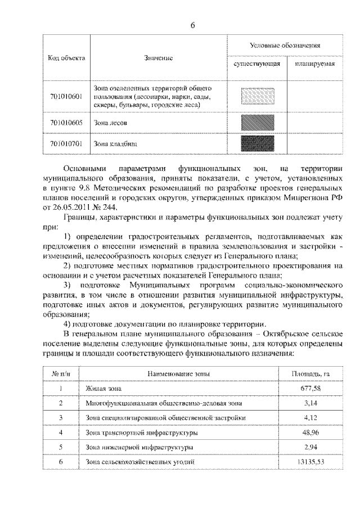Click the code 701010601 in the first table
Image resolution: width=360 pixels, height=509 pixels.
coord(66,96)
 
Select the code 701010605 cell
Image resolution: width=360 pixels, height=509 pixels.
coord(66,122)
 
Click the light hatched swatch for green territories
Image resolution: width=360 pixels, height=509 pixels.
coord(256,96)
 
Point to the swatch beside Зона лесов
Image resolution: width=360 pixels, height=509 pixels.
coord(256,122)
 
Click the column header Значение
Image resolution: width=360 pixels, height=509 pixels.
coord(158,58)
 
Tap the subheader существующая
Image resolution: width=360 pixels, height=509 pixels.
coord(256,64)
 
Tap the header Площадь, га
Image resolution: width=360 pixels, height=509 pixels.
coord(306,373)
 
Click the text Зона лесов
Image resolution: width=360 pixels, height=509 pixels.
coord(110,122)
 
